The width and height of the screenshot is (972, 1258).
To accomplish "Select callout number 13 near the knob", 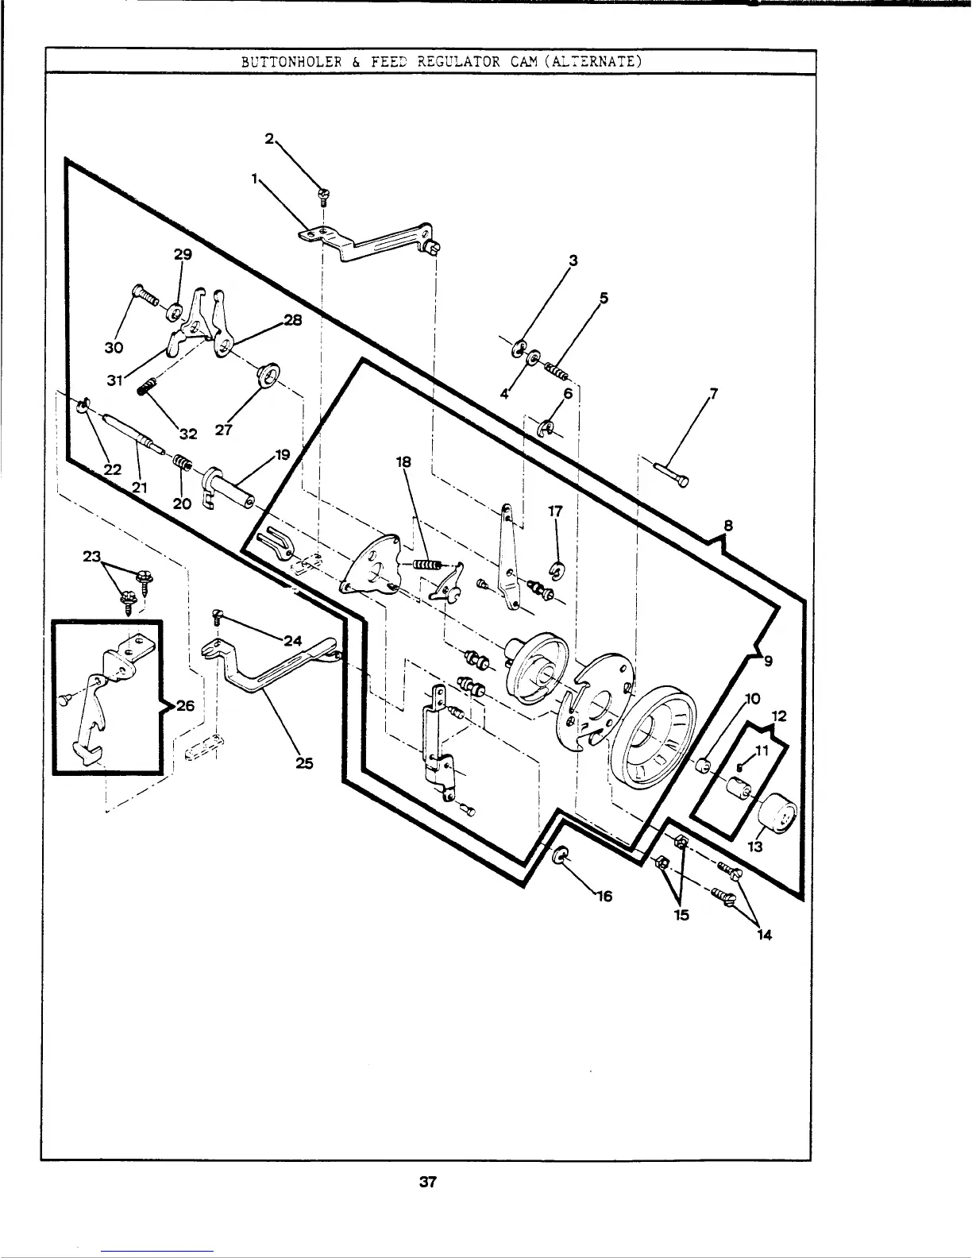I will pyautogui.click(x=755, y=847).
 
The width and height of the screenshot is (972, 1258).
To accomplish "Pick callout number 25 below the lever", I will pyautogui.click(x=303, y=763).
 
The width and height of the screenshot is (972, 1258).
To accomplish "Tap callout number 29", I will pyautogui.click(x=183, y=254).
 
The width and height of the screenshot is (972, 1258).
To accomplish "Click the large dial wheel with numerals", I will pyautogui.click(x=656, y=735).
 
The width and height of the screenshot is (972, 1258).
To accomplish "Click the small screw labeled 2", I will pyautogui.click(x=323, y=193).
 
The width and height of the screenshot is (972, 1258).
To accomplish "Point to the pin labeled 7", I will pyautogui.click(x=673, y=473).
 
